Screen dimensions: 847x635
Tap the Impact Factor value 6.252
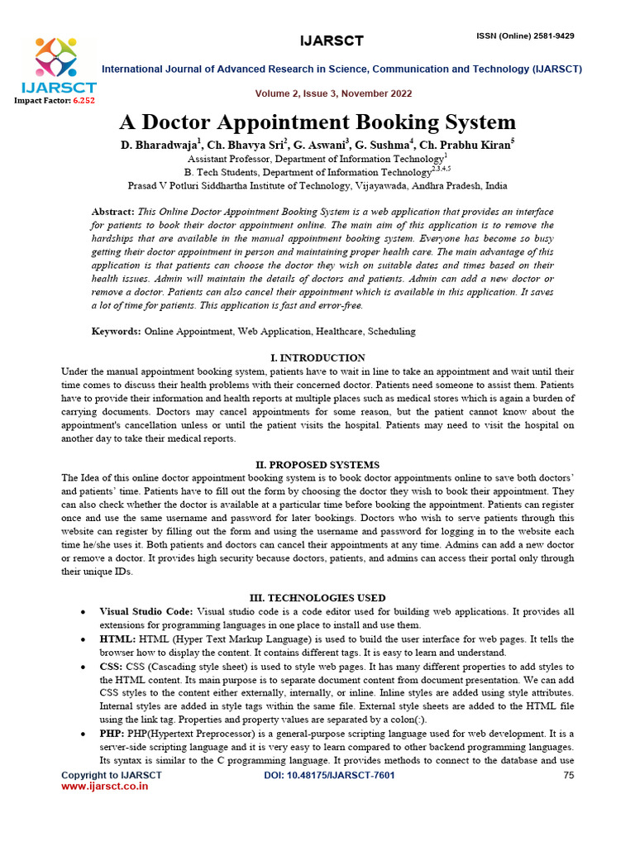pos(84,100)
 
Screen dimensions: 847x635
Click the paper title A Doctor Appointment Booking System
pos(317,122)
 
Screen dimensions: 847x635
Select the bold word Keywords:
pos(116,331)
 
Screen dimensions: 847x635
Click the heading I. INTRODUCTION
pos(317,358)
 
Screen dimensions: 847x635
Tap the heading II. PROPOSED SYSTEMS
pos(317,465)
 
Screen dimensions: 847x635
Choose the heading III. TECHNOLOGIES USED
pos(317,598)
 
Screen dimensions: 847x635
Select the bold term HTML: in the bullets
pos(118,639)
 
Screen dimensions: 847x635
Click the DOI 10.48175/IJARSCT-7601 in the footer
pos(329,775)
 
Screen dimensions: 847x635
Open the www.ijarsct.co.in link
pos(105,787)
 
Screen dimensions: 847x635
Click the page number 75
pos(568,775)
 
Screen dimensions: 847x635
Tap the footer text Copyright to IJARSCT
pos(112,775)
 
